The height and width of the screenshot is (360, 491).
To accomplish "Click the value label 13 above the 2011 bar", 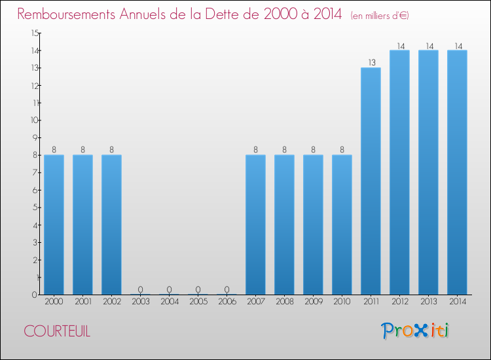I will (371, 63).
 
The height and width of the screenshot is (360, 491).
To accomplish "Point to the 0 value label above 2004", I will (169, 289).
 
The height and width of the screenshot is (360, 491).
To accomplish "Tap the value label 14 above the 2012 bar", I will (399, 46).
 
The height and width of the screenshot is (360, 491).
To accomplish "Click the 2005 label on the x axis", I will (198, 302).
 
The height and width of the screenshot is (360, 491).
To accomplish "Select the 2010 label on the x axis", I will (342, 302).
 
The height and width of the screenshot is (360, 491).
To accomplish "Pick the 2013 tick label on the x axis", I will (428, 302).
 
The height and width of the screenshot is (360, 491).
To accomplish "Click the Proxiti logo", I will (415, 331).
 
